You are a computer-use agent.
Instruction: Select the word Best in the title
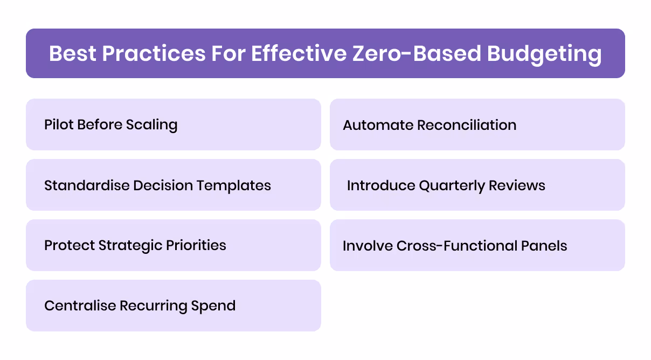pos(71,54)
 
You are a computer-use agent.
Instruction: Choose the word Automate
pos(378,125)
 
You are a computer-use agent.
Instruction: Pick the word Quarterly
pos(452,185)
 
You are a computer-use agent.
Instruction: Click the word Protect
pos(69,245)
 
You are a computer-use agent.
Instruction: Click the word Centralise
pos(80,306)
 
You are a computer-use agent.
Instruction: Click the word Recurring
pos(154,306)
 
